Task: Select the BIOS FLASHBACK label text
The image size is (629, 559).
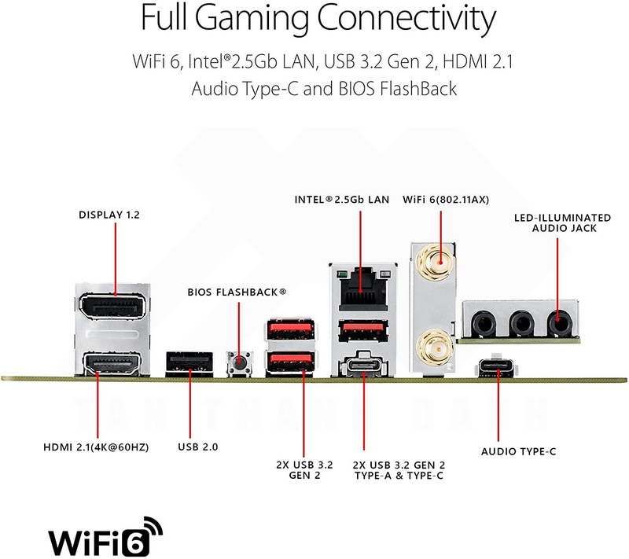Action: pos(237,292)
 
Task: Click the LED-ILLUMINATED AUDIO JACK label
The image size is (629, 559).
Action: pos(562,222)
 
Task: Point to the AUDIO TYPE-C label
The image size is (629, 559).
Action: pos(519,451)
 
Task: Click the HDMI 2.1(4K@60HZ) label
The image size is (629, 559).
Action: pos(97,447)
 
